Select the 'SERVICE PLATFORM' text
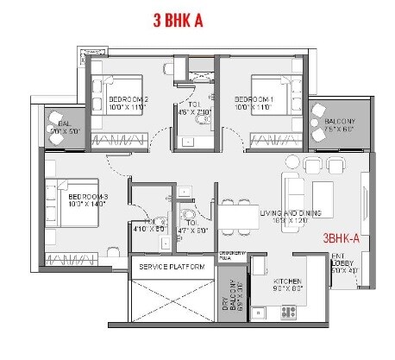[x=172, y=268]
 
